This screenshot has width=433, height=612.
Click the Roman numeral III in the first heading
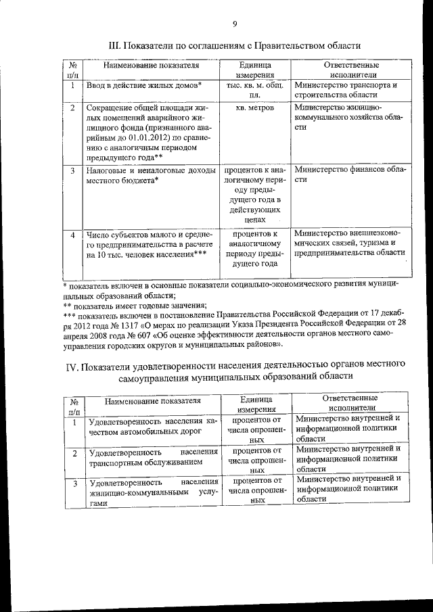(x=115, y=45)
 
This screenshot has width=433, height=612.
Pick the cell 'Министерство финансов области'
(x=349, y=174)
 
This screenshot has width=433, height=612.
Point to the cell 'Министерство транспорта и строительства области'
(x=346, y=91)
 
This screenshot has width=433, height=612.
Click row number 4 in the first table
(x=72, y=235)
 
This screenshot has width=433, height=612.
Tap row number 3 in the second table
(x=74, y=483)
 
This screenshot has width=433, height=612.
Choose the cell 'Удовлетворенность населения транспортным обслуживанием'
(x=153, y=457)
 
